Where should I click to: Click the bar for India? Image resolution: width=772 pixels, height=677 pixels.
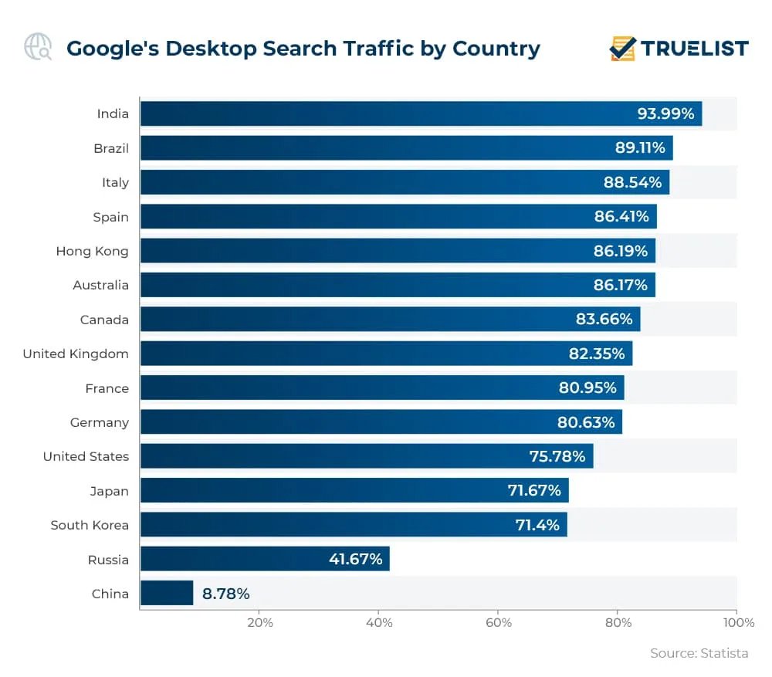421,114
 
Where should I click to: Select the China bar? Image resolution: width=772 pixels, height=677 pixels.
167,594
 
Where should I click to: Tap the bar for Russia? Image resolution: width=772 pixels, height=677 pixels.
265,559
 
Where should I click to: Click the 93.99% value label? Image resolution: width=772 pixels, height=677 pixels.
665,114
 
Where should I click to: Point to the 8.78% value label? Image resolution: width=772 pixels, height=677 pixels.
225,594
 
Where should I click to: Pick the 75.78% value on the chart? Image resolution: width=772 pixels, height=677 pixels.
557,456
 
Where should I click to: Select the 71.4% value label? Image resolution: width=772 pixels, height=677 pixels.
537,525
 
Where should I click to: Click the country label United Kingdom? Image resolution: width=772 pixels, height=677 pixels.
76,354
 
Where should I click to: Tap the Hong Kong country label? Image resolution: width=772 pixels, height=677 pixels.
92,251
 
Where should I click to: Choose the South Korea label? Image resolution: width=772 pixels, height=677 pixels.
90,525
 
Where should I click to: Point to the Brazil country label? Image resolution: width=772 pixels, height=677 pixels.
111,148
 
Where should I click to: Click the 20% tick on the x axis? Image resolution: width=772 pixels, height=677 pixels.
259,623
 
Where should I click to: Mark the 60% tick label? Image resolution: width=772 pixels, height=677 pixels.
499,623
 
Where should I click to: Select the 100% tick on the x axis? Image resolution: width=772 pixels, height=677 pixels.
735,623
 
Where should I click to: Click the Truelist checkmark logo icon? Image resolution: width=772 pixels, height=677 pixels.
623,48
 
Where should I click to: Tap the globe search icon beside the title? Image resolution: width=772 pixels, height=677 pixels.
38,47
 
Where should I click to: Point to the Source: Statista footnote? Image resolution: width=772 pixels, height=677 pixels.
699,653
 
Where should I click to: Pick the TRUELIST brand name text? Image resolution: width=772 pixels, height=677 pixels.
695,48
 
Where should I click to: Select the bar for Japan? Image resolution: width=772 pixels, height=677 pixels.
354,490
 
